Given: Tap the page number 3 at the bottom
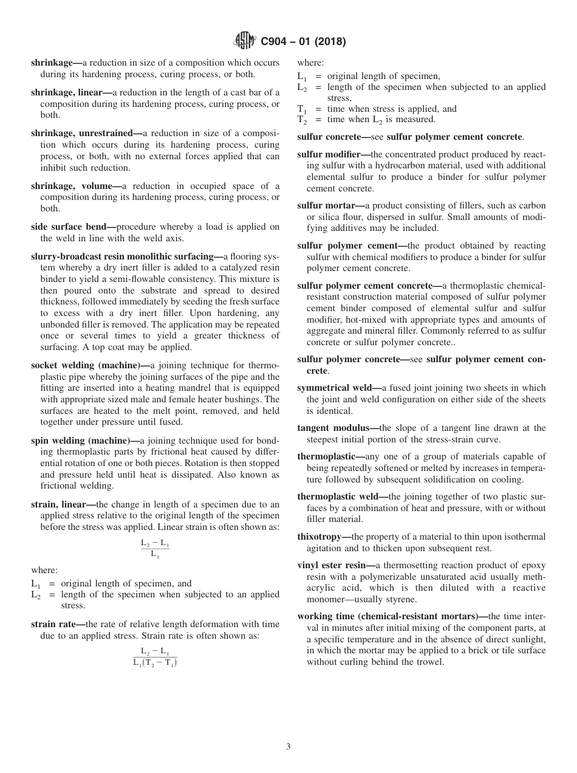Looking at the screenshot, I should pos(288,747).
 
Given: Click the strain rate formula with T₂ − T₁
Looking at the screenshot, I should pos(155,657).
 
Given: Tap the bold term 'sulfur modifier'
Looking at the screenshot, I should pos(332,154).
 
